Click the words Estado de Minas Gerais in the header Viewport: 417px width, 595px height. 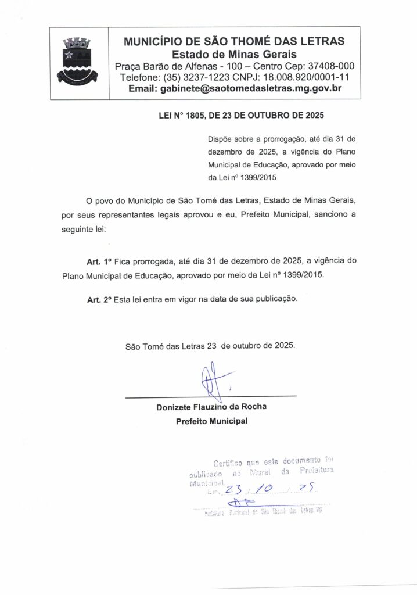[x=234, y=53]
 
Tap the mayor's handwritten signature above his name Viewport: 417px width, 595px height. [x=212, y=380]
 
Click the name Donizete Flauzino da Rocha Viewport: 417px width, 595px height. [x=211, y=407]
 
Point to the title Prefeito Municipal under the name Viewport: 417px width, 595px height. [x=211, y=420]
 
